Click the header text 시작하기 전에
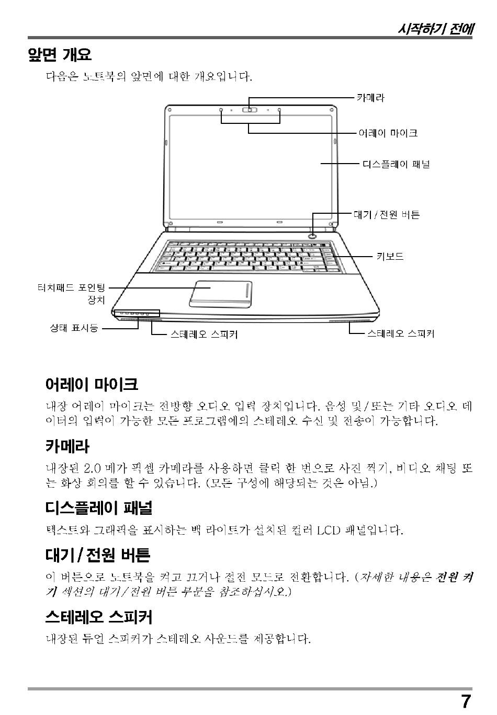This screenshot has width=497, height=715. (x=435, y=29)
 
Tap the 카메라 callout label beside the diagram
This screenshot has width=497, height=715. (x=370, y=98)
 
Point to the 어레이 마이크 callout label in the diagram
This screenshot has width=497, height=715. (x=388, y=133)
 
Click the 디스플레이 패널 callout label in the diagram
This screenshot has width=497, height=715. (x=396, y=164)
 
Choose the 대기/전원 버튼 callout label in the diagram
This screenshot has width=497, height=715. (x=387, y=215)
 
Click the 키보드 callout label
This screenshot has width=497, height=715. (x=390, y=257)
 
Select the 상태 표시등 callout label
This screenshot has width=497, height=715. (x=74, y=328)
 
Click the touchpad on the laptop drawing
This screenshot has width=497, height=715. (x=220, y=293)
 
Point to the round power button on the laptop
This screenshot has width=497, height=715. (x=313, y=235)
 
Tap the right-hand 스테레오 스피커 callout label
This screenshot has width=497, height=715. (x=400, y=333)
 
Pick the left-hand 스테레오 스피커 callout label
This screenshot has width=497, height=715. (x=204, y=334)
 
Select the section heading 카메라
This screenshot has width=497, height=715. (x=67, y=446)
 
